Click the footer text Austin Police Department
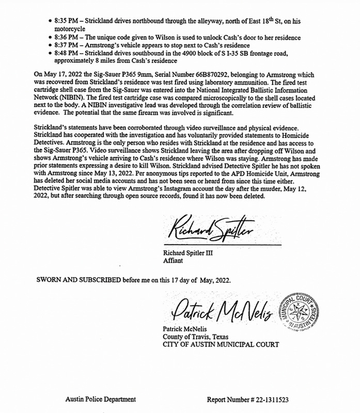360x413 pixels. [x=101, y=399]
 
